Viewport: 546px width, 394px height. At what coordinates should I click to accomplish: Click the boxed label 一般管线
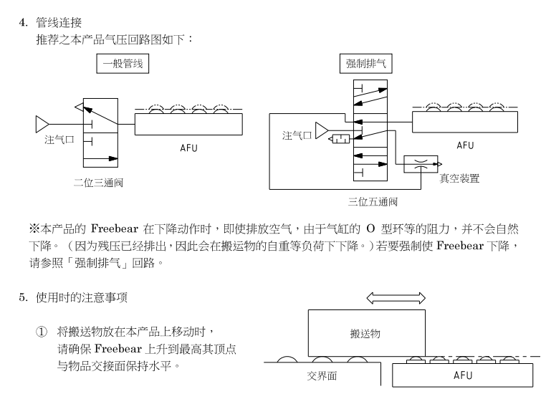tap(123, 64)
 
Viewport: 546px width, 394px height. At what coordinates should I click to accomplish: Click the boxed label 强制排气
tap(365, 64)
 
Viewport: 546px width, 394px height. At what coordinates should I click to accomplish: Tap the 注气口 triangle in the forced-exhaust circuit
tap(321, 130)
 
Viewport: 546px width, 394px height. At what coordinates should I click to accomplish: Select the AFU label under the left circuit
tap(188, 149)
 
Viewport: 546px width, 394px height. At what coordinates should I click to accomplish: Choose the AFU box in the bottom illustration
tap(463, 375)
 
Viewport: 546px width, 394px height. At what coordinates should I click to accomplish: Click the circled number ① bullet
tap(42, 331)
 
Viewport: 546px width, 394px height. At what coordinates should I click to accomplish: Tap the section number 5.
tap(22, 297)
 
